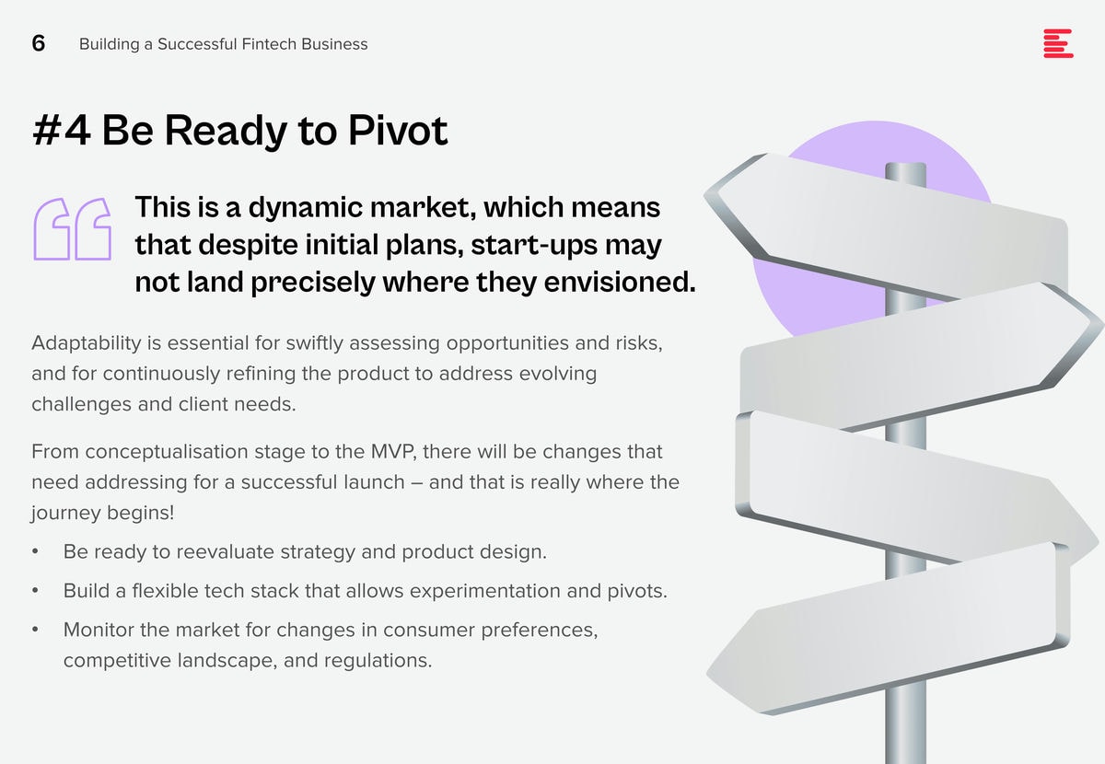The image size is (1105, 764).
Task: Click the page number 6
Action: tap(39, 43)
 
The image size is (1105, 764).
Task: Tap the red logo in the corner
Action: tap(1058, 43)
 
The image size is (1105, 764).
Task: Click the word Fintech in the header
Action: tap(269, 44)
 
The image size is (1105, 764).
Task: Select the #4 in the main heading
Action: tap(62, 130)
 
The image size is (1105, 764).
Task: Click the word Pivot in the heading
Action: tap(398, 130)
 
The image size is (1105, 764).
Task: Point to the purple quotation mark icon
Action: tap(73, 229)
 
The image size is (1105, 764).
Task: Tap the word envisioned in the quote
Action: tap(620, 282)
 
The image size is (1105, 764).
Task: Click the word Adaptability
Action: tap(87, 343)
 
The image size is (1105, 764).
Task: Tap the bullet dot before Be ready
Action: tap(35, 552)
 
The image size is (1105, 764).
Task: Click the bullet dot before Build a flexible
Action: tap(35, 591)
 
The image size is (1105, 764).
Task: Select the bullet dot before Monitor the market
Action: tap(35, 630)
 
